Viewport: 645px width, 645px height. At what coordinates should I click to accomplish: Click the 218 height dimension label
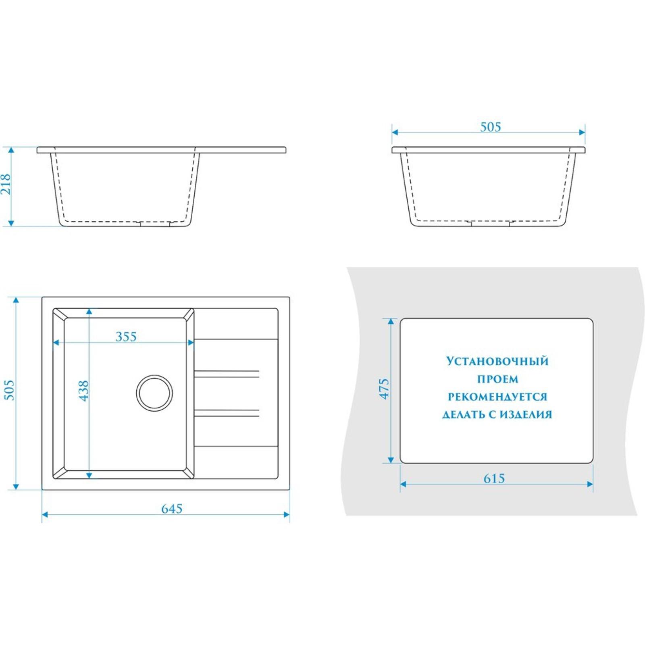[5, 185]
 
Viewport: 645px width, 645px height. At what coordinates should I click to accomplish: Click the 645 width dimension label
[172, 509]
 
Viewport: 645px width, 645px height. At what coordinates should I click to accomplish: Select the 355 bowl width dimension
[126, 337]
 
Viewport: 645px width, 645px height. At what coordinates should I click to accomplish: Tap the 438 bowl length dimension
[83, 391]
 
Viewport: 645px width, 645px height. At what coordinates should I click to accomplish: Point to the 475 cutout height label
[384, 389]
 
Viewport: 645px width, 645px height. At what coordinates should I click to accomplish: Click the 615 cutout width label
[494, 479]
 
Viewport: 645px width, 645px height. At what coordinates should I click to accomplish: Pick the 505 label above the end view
[491, 127]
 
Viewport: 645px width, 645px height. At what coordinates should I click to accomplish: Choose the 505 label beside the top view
[9, 390]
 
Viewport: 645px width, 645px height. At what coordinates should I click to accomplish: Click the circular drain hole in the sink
[154, 393]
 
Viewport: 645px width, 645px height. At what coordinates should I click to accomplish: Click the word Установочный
[497, 361]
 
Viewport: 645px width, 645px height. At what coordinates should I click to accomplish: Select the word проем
[497, 379]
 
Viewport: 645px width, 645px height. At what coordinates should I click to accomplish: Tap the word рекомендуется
[497, 397]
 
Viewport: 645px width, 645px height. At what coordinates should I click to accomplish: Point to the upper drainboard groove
[227, 374]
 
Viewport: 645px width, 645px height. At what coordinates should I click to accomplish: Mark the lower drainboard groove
[227, 413]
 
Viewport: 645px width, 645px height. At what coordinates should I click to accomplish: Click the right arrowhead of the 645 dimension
[287, 514]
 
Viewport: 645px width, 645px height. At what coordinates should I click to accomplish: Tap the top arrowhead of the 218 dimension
[11, 150]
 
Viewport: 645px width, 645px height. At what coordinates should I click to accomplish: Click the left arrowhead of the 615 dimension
[403, 484]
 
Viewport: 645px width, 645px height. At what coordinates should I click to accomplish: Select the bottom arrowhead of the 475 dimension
[390, 460]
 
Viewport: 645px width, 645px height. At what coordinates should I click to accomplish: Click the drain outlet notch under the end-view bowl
[490, 223]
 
